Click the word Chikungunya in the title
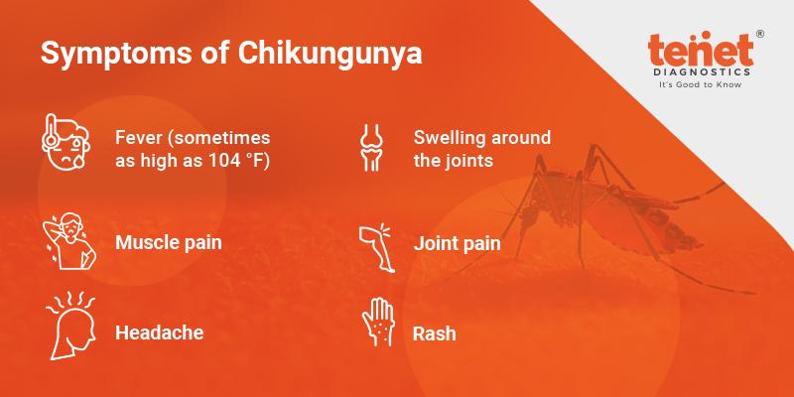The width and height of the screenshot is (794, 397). (331, 55)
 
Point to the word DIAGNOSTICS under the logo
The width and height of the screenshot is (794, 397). (701, 72)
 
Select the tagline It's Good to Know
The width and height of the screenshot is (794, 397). (701, 85)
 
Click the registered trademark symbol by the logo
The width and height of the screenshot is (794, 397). (759, 34)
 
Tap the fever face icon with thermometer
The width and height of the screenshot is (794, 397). (66, 142)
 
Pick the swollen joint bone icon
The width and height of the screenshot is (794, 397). (371, 147)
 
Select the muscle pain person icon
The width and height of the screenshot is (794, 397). (69, 241)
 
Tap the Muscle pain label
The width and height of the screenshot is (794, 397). (169, 242)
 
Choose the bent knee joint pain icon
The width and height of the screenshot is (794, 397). (377, 247)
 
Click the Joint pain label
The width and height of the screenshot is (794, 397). (458, 243)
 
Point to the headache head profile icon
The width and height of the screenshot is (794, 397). (69, 326)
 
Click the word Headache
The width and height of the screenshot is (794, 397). (160, 332)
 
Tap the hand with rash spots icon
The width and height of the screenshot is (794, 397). (378, 322)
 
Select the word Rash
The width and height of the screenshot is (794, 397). (435, 333)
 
